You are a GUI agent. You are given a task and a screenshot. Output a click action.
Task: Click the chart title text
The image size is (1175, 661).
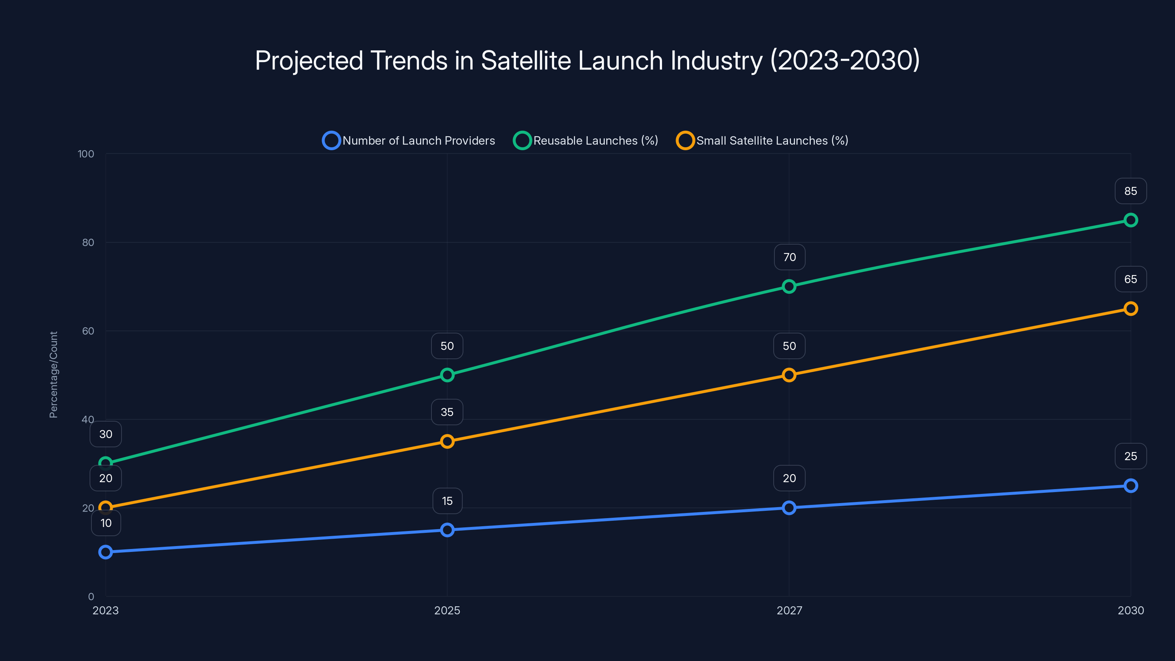pos(587,60)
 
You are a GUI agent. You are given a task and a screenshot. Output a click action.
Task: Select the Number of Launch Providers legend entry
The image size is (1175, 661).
pos(409,141)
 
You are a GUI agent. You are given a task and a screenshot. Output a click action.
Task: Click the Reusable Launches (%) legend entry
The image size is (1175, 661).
pos(586,141)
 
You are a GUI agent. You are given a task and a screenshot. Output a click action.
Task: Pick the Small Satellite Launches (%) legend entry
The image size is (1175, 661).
pos(762,141)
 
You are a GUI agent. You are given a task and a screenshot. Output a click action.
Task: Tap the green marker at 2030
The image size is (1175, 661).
pos(1130,220)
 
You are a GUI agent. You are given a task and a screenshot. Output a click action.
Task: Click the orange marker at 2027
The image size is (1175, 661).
pos(789,375)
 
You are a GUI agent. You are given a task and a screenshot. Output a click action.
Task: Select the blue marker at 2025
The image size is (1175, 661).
pos(447,530)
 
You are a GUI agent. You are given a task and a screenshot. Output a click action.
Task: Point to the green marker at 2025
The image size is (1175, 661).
pos(447,375)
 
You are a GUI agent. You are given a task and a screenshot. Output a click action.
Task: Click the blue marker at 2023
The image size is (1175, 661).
pos(105,552)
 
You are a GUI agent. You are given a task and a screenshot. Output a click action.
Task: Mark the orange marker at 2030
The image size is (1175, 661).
pos(1130,309)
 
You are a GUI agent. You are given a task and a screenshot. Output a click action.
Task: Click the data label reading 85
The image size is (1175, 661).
pos(1130,191)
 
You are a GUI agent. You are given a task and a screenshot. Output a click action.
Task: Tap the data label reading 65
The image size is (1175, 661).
pos(1130,279)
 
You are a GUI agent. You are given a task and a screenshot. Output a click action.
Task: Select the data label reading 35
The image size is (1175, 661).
pos(447,412)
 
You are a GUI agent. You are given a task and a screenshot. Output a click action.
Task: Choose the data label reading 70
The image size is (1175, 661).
pos(789,257)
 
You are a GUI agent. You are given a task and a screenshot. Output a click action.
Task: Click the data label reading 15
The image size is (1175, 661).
pos(447,501)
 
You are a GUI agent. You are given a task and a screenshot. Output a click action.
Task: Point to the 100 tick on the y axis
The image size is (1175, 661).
pos(86,154)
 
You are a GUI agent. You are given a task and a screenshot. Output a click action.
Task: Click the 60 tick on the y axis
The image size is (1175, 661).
pos(88,331)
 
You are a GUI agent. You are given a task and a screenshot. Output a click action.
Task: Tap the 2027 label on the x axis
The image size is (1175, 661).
pos(789,610)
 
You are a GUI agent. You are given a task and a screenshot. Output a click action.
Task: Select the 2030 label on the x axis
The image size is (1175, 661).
pos(1130,610)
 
